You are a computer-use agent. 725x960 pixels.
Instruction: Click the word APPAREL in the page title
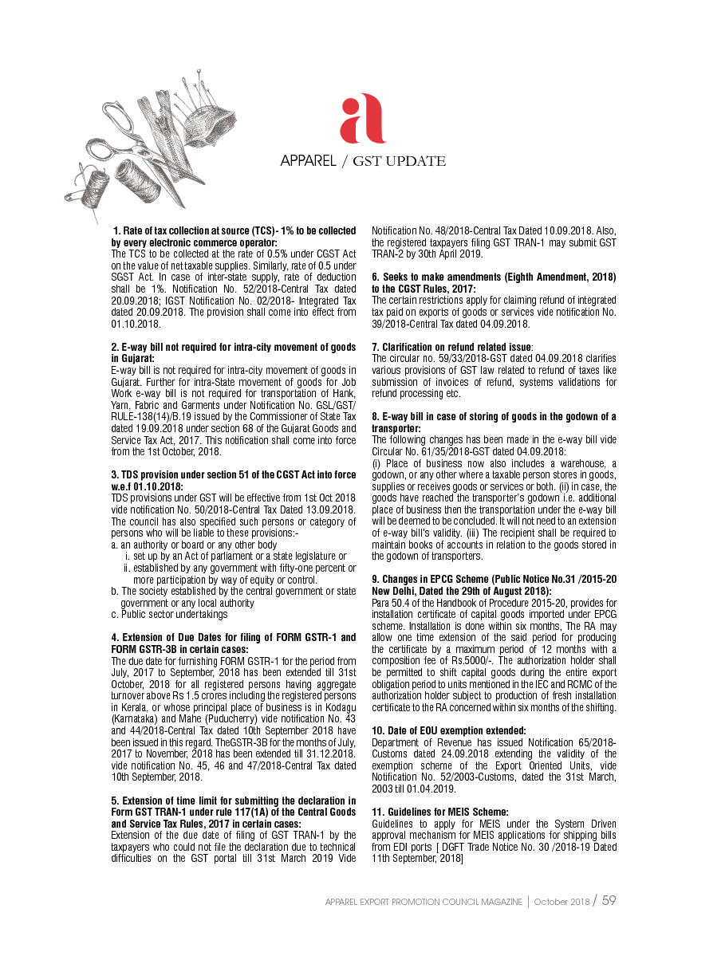[308, 161]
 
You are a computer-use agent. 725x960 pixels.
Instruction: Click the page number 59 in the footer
[609, 900]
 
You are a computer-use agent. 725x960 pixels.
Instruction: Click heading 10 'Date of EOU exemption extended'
[449, 731]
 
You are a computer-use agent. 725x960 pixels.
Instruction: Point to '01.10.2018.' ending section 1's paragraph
[136, 325]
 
